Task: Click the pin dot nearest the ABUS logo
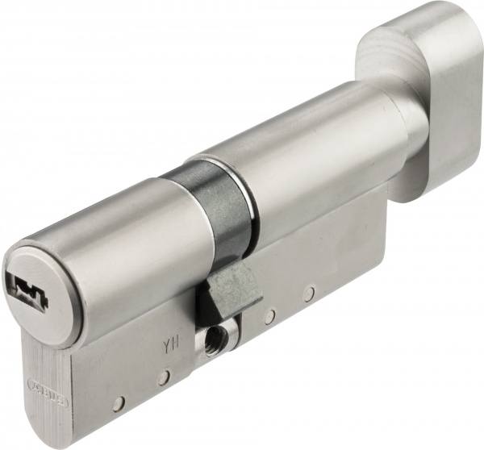[121, 400]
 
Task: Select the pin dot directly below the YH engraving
[165, 376]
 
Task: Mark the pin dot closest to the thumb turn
[309, 294]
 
